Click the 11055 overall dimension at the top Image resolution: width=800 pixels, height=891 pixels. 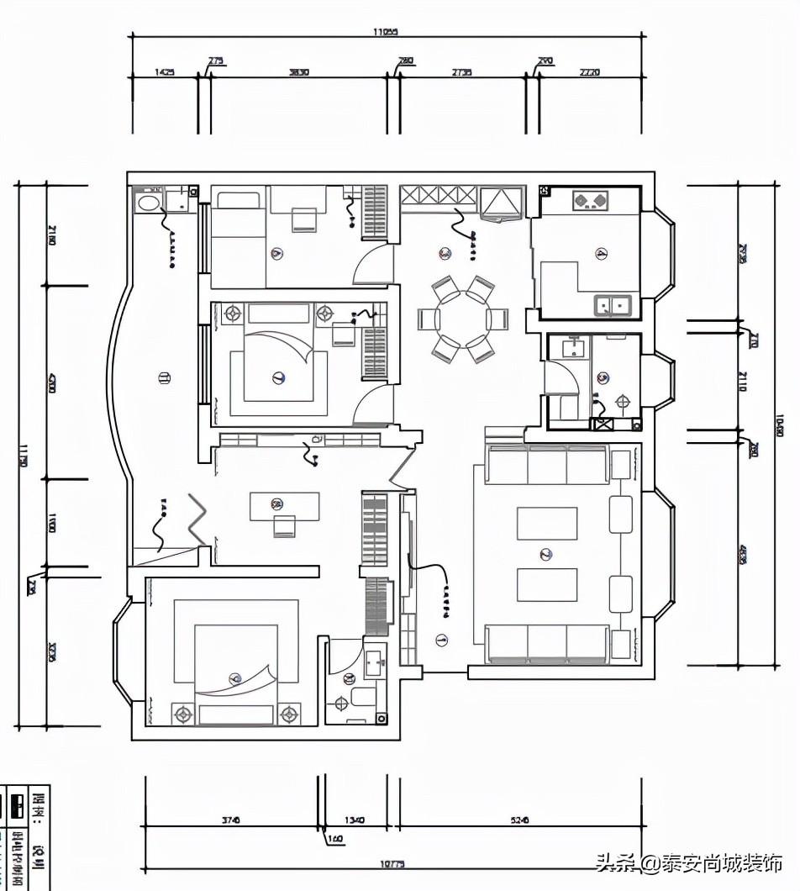pos(386,32)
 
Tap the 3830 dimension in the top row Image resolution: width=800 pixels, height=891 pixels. pos(298,72)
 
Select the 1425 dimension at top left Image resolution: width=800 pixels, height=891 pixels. pos(164,72)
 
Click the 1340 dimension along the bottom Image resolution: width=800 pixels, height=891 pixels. pos(355,820)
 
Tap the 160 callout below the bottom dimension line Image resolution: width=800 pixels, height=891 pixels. pos(334,838)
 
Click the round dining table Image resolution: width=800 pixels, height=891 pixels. pos(463,319)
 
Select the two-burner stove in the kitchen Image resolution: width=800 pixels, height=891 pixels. pos(590,200)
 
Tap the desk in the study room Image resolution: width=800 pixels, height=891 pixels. pos(284,506)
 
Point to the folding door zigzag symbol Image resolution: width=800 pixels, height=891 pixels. pos(197,521)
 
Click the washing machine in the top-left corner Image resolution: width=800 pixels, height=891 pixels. pos(149,203)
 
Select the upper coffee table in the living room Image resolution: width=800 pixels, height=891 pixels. pos(546,523)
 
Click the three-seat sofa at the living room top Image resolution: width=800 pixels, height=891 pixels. pos(547,465)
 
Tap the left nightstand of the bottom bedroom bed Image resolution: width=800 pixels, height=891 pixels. pos(182,714)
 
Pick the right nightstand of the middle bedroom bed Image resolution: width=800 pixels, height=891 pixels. pos(324,314)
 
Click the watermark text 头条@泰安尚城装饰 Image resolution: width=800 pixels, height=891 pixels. pos(688,862)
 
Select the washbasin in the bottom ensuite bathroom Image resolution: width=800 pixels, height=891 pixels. pos(374,659)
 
